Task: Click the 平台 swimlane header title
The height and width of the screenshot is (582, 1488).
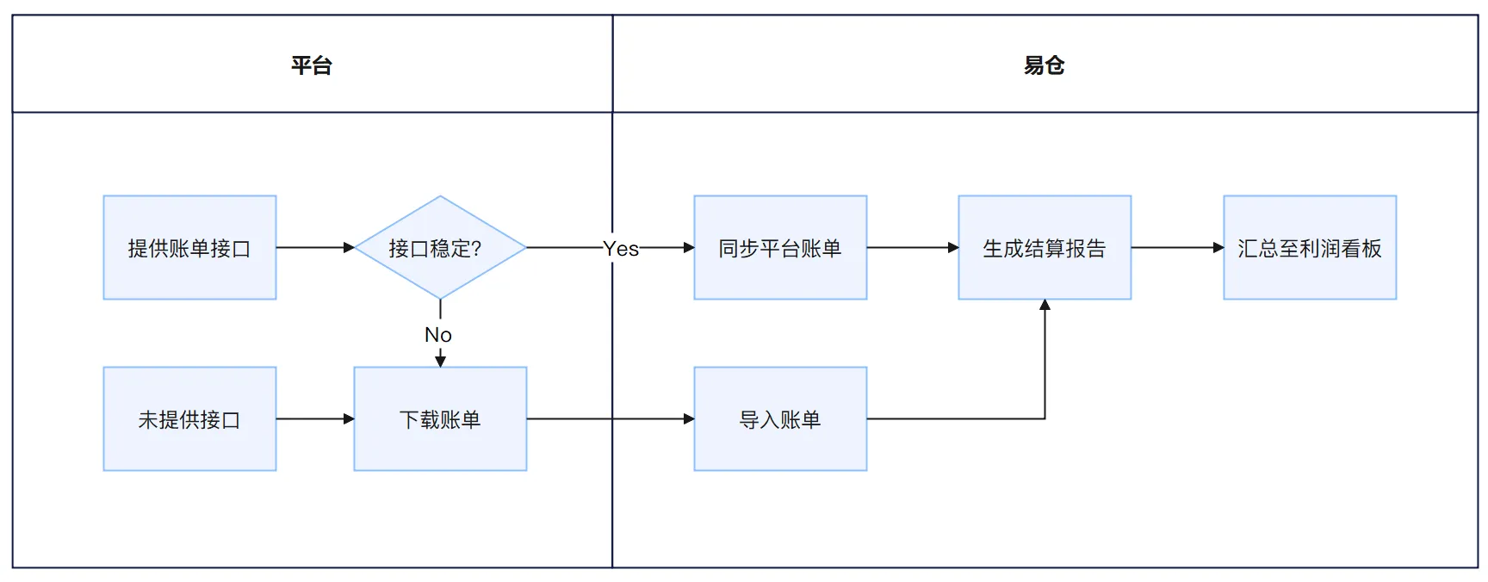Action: tap(311, 65)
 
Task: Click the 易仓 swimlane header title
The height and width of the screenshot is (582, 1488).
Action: tap(1044, 65)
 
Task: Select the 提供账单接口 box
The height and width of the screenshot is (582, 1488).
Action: tap(189, 248)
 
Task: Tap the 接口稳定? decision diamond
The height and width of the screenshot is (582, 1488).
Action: tap(440, 248)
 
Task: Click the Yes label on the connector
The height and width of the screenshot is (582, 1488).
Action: tap(621, 249)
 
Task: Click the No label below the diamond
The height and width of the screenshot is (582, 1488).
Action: tap(438, 335)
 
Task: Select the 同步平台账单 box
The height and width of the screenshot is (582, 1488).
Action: tap(780, 248)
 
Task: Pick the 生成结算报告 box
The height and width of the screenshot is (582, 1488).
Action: tap(1045, 248)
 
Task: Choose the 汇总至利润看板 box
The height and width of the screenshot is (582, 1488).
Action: tap(1310, 248)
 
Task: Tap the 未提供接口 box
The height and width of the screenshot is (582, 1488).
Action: tap(189, 419)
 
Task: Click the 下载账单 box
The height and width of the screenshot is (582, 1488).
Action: tap(440, 419)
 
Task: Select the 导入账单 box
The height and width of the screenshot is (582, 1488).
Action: tap(780, 419)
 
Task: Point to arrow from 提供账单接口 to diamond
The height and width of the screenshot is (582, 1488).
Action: tap(314, 248)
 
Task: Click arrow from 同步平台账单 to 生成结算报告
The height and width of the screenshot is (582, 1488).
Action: tap(912, 248)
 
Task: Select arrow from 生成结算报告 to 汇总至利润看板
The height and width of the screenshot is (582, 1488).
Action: tap(1176, 248)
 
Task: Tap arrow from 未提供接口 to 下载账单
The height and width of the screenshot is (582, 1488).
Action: tap(314, 419)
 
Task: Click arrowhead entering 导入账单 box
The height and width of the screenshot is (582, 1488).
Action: tap(689, 419)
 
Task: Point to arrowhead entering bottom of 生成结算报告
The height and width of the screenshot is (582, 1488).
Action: tap(1045, 305)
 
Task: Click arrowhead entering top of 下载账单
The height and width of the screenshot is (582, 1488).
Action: tap(440, 362)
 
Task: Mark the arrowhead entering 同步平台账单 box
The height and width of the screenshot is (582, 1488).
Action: tap(689, 248)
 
